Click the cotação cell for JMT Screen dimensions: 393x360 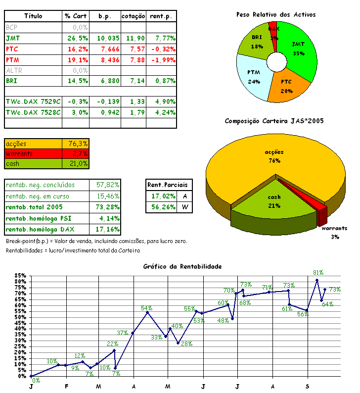(x=134, y=38)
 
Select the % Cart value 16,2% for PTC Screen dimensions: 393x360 (x=76, y=49)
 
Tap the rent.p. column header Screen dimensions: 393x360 (x=162, y=16)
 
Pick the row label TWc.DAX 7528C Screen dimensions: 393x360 (x=33, y=112)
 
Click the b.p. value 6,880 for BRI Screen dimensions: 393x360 (x=104, y=81)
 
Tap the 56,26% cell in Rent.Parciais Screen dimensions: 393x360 (x=163, y=207)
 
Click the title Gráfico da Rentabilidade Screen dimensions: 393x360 (x=182, y=266)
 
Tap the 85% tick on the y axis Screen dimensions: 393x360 (x=20, y=275)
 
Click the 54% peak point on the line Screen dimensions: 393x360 (x=147, y=312)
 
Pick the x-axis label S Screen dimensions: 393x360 (x=308, y=386)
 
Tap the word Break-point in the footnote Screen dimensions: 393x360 (x=21, y=241)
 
